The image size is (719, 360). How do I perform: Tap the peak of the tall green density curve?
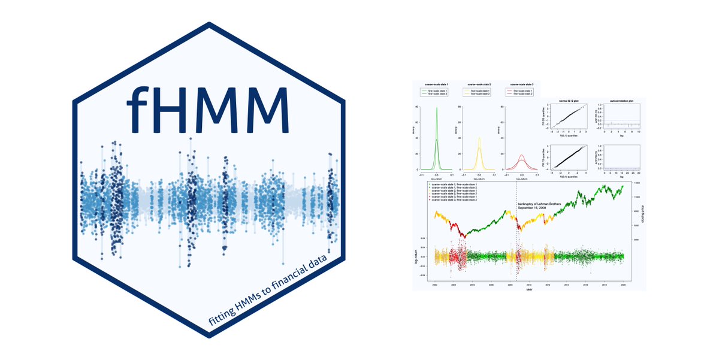point(436,108)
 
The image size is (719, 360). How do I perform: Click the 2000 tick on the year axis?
point(434,287)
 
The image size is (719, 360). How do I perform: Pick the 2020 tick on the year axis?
point(623,287)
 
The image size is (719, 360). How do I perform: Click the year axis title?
point(528,292)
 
